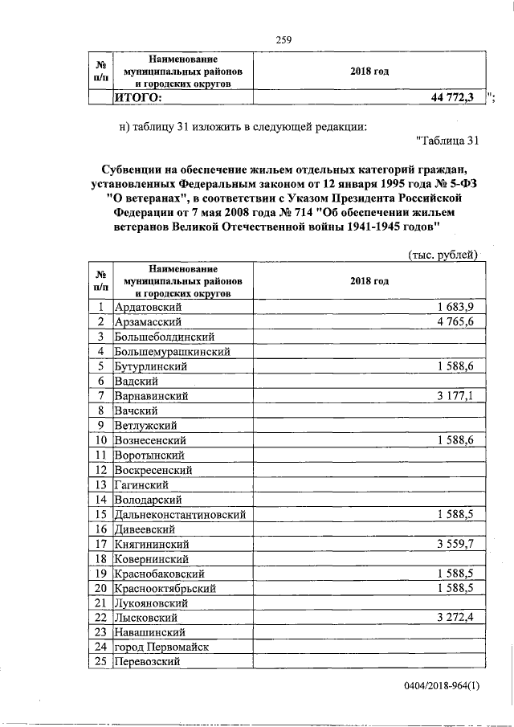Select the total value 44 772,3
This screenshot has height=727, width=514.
[x=452, y=98]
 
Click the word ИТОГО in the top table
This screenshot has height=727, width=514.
[x=137, y=98]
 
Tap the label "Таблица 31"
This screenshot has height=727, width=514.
[x=449, y=141]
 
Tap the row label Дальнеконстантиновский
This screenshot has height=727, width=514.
[x=180, y=514]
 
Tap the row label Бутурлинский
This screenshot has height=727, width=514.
[x=152, y=366]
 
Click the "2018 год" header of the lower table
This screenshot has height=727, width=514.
[x=369, y=281]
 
